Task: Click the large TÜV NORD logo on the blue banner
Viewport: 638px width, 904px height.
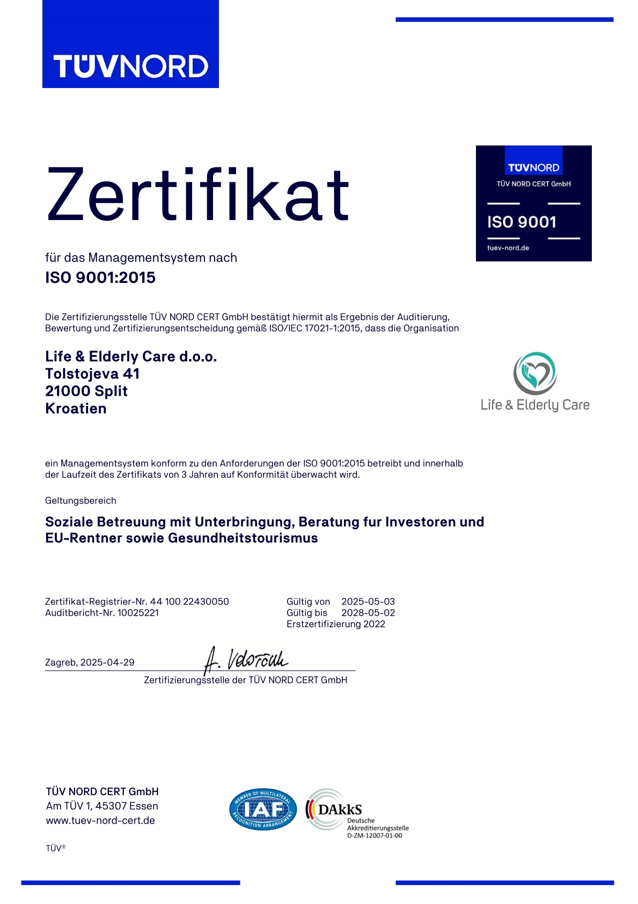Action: coord(130,66)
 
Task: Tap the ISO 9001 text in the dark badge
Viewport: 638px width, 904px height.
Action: coord(522,222)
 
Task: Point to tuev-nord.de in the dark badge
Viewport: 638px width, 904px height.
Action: coord(508,248)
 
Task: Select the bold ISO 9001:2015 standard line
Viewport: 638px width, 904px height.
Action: coord(100,278)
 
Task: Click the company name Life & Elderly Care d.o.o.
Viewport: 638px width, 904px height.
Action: coord(131,356)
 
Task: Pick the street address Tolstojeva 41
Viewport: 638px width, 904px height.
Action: coord(92,374)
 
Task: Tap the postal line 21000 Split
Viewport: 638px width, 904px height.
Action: coord(86,391)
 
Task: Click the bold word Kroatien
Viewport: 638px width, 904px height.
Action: coord(76,409)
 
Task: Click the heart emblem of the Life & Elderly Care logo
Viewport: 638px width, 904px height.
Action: coord(534,373)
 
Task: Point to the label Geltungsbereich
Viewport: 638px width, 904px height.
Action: coord(80,500)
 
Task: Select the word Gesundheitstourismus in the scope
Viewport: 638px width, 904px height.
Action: coord(243,538)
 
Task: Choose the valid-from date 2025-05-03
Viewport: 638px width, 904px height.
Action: coord(368,601)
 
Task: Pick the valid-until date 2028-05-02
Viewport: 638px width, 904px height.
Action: coord(368,613)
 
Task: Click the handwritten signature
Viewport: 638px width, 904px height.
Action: coord(247,660)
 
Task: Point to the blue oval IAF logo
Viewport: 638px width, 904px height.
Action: coord(263,810)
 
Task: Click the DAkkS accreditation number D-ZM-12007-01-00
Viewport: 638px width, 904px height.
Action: coord(375,835)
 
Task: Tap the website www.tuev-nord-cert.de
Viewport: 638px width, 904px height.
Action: coord(100,820)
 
